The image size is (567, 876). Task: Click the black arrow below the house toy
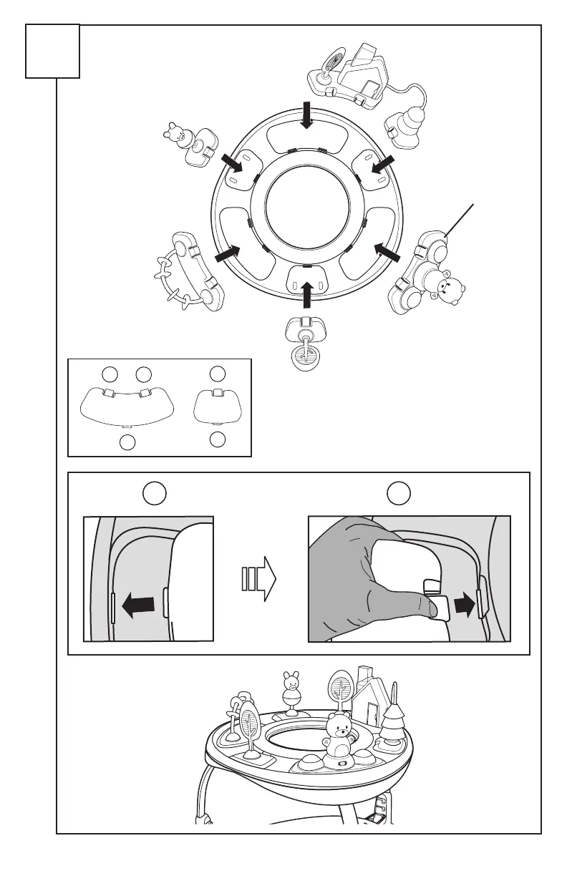307,115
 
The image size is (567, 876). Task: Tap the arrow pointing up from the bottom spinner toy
308,293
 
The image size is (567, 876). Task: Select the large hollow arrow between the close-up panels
258,577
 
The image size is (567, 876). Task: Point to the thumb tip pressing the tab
430,608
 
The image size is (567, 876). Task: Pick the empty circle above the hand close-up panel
397,493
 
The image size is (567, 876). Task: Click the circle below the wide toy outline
127,442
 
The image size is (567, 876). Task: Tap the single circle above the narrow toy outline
218,372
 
